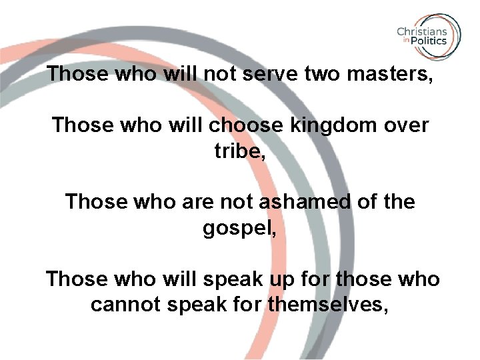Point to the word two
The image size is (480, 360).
click(321, 73)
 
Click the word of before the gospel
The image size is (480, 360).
click(365, 201)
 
